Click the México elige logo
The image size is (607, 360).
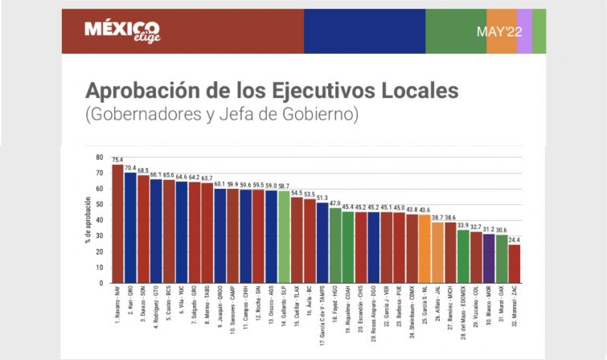tap(121, 31)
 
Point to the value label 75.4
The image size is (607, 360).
tap(117, 159)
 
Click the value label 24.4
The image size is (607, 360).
tap(514, 239)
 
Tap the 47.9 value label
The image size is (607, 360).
tap(334, 202)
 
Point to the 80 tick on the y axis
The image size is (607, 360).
tap(100, 157)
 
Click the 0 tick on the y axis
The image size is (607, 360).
tap(102, 283)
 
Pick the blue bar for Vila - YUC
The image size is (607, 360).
tap(181, 232)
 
